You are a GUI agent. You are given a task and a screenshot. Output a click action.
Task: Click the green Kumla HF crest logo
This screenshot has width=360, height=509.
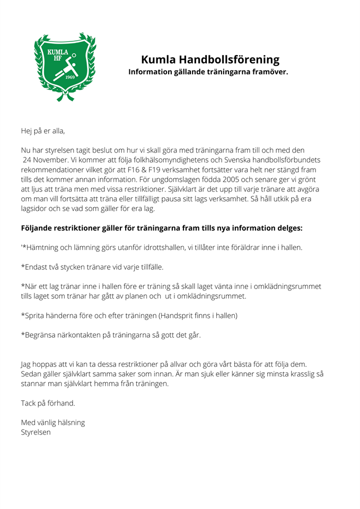pyautogui.click(x=65, y=67)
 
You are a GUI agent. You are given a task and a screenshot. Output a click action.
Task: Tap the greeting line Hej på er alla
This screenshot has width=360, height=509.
pyautogui.click(x=43, y=130)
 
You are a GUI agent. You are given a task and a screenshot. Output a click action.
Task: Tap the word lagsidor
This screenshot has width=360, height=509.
pyautogui.click(x=36, y=209)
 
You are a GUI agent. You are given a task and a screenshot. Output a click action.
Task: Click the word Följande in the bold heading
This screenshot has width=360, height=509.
pyautogui.click(x=40, y=229)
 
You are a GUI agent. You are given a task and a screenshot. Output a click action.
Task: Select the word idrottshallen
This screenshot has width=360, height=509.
pyautogui.click(x=179, y=247)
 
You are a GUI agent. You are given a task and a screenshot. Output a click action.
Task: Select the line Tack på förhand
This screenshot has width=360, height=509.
pyautogui.click(x=48, y=403)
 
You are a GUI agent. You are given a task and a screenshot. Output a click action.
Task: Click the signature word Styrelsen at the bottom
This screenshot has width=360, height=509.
pyautogui.click(x=36, y=432)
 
